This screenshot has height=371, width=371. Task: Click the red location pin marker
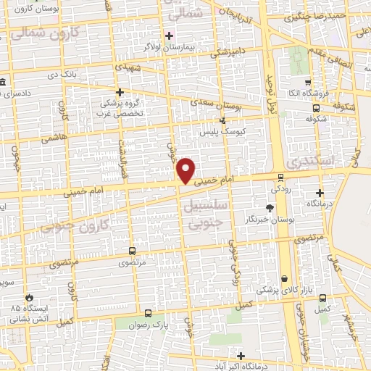[186, 170]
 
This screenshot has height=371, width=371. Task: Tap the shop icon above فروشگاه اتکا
[308, 82]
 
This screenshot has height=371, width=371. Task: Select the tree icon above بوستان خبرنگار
[270, 207]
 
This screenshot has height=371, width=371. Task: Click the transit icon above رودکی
[281, 177]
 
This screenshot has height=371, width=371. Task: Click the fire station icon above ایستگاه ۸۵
[28, 297]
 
